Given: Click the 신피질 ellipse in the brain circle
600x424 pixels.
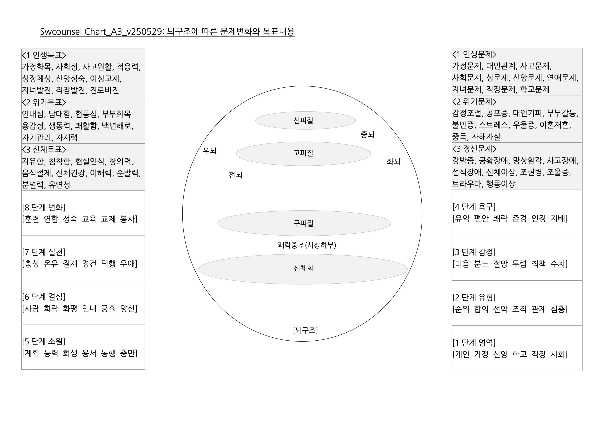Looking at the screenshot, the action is (305, 120).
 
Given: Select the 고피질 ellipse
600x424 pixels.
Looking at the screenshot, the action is (303, 153).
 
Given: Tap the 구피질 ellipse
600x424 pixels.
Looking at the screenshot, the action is (304, 223).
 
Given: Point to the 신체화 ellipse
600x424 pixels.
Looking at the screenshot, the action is (303, 269).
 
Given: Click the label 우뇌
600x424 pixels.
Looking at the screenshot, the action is (209, 151).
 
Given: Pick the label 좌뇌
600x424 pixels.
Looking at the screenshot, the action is (393, 162).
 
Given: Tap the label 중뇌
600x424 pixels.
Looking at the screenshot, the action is (368, 135).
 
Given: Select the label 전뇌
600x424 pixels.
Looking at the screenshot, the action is (235, 175).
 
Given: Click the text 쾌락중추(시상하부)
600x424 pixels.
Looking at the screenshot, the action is (307, 245).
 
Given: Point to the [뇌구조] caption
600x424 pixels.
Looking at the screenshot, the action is (305, 330).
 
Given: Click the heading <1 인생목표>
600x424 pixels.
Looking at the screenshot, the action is (44, 55).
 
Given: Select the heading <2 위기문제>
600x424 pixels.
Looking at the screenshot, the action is (474, 102).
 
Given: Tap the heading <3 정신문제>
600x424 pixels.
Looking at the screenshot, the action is (474, 149).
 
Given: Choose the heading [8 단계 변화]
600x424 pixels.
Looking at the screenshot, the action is (44, 207).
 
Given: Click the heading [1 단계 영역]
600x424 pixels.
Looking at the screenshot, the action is (474, 343).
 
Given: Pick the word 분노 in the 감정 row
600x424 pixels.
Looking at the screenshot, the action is (481, 264).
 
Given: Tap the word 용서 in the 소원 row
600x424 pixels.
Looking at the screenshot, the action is (89, 353).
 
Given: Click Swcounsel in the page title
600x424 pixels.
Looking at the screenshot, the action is (61, 32).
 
